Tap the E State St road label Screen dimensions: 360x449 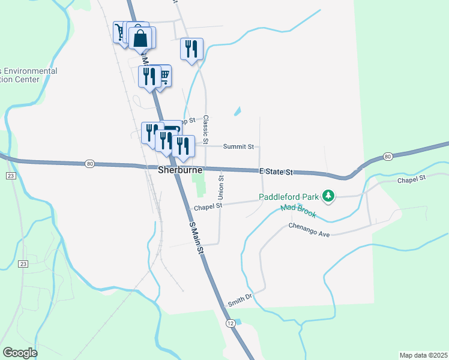[x=276, y=172]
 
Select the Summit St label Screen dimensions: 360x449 [x=238, y=146]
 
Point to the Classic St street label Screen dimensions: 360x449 [x=206, y=125]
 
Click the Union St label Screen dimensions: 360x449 [x=221, y=185]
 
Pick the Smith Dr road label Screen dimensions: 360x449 [x=238, y=300]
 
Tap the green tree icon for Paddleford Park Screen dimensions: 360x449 [x=328, y=196]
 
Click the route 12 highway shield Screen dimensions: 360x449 [x=231, y=323]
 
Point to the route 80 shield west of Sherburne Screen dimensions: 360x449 [x=89, y=163]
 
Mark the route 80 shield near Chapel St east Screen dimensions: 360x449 [x=388, y=157]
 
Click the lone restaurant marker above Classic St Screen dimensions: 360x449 [x=191, y=49]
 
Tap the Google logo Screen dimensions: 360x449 [x=20, y=353]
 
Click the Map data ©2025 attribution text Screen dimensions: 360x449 [x=423, y=355]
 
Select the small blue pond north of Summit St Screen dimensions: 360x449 [x=238, y=111]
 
